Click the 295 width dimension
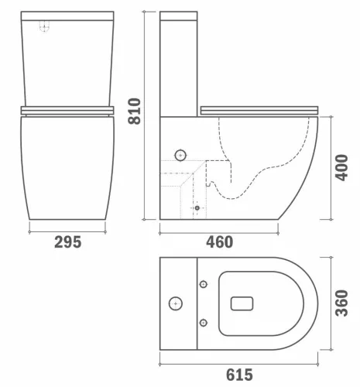68,242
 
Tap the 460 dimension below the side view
219,242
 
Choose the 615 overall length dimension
238,375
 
